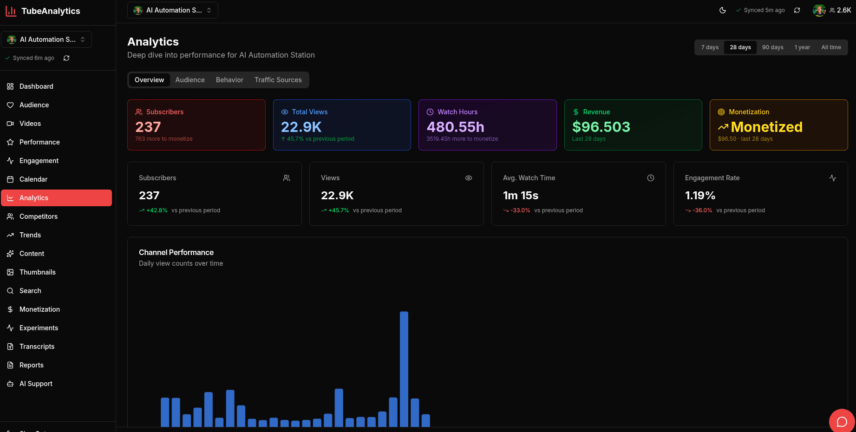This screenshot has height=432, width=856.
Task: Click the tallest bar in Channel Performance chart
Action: click(x=404, y=369)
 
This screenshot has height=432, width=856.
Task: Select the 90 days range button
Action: click(x=772, y=47)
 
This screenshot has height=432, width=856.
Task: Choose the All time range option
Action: click(x=831, y=47)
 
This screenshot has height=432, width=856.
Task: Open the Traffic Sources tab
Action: click(x=278, y=80)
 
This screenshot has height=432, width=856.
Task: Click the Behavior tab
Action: click(x=229, y=80)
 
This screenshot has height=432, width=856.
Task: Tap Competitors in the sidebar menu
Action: click(x=39, y=216)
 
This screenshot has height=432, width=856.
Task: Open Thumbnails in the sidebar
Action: click(x=38, y=272)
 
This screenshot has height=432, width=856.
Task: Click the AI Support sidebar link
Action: click(x=36, y=384)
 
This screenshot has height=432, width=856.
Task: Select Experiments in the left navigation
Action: click(x=39, y=328)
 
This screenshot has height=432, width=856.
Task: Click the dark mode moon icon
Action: click(x=723, y=10)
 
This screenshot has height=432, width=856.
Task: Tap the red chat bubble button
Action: click(x=842, y=421)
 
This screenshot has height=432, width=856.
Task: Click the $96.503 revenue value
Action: click(x=601, y=127)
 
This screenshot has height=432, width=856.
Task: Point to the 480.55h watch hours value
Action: click(x=455, y=127)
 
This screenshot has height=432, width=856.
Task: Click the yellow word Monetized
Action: click(x=766, y=127)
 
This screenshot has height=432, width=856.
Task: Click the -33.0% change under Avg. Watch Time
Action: click(x=520, y=210)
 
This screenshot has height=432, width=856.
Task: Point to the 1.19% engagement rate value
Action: click(x=700, y=196)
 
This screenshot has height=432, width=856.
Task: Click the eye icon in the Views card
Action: click(x=469, y=178)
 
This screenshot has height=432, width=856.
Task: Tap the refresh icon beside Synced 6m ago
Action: click(x=66, y=58)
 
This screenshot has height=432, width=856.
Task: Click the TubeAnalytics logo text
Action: click(x=51, y=11)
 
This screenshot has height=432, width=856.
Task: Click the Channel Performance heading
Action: click(x=176, y=252)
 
